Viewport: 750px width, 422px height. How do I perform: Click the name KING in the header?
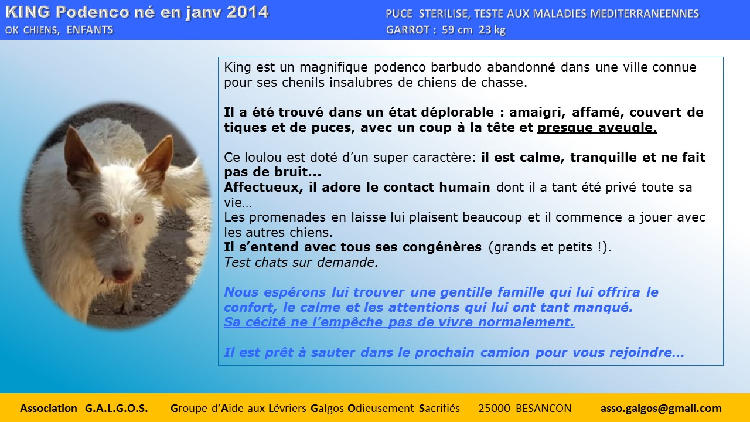tap(28, 12)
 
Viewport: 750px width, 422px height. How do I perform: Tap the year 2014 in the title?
tap(247, 12)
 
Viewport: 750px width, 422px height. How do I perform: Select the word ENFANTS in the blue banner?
tap(90, 30)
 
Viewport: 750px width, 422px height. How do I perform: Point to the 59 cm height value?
tap(457, 30)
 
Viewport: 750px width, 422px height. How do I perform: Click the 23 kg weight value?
tap(492, 30)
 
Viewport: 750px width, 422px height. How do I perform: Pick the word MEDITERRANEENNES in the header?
tap(645, 13)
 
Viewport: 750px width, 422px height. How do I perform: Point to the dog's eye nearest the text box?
tap(138, 219)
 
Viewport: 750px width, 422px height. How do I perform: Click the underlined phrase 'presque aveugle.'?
tap(597, 128)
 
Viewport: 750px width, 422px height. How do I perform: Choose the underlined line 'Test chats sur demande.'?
tap(301, 262)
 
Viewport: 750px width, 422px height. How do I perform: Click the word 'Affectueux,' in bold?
tap(263, 187)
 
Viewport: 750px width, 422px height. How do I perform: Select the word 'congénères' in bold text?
tap(442, 247)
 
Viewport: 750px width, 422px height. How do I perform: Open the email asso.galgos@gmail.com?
tap(661, 409)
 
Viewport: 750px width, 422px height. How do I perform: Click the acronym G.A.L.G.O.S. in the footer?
tap(116, 409)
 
